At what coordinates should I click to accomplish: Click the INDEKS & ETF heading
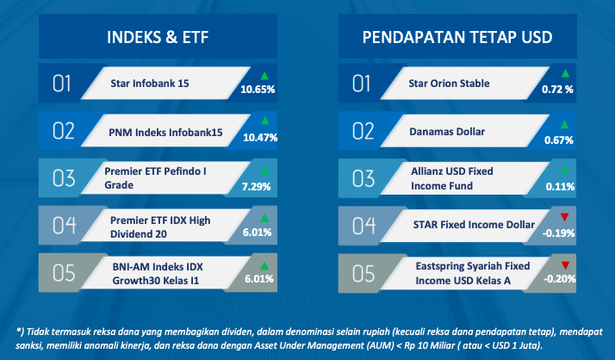tap(158, 37)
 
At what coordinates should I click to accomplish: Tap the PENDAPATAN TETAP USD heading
tap(457, 37)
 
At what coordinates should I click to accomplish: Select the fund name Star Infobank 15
tap(149, 84)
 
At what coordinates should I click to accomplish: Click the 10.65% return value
tap(258, 90)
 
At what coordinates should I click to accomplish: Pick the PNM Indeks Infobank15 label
tap(165, 132)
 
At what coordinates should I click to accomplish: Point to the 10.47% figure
tap(260, 138)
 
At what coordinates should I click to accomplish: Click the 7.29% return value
tap(256, 187)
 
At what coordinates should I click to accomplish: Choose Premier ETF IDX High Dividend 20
tap(160, 227)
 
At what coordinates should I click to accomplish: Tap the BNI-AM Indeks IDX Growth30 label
tap(158, 274)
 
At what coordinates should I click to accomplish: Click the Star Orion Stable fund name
tap(449, 84)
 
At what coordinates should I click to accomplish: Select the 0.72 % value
tap(557, 90)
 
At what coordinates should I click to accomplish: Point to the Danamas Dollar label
tap(447, 132)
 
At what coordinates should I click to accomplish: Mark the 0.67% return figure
tap(558, 140)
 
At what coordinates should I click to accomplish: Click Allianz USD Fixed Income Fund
tap(452, 178)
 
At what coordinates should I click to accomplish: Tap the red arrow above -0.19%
tap(564, 217)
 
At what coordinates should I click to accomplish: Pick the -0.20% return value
tap(559, 279)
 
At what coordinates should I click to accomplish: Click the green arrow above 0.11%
tap(564, 171)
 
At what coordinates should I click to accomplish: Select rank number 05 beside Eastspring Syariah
tap(363, 273)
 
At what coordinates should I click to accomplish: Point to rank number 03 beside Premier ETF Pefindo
tap(64, 178)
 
